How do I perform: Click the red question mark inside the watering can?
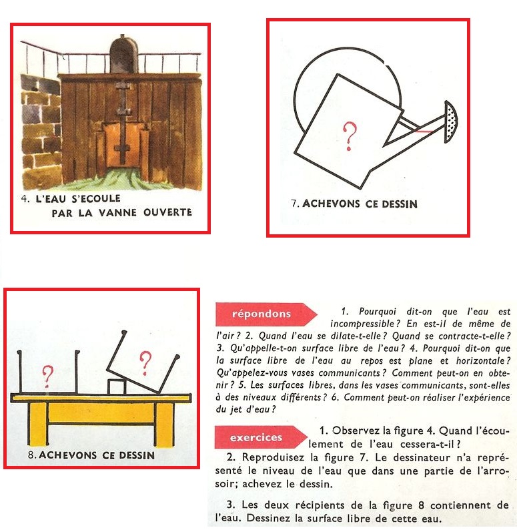coord(348,136)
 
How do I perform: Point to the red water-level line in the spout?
coord(422,132)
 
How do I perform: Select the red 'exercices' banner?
coord(256,438)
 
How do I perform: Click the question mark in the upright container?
coord(46,376)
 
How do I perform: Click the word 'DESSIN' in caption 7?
coord(398,204)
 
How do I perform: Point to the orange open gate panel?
coord(123,147)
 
